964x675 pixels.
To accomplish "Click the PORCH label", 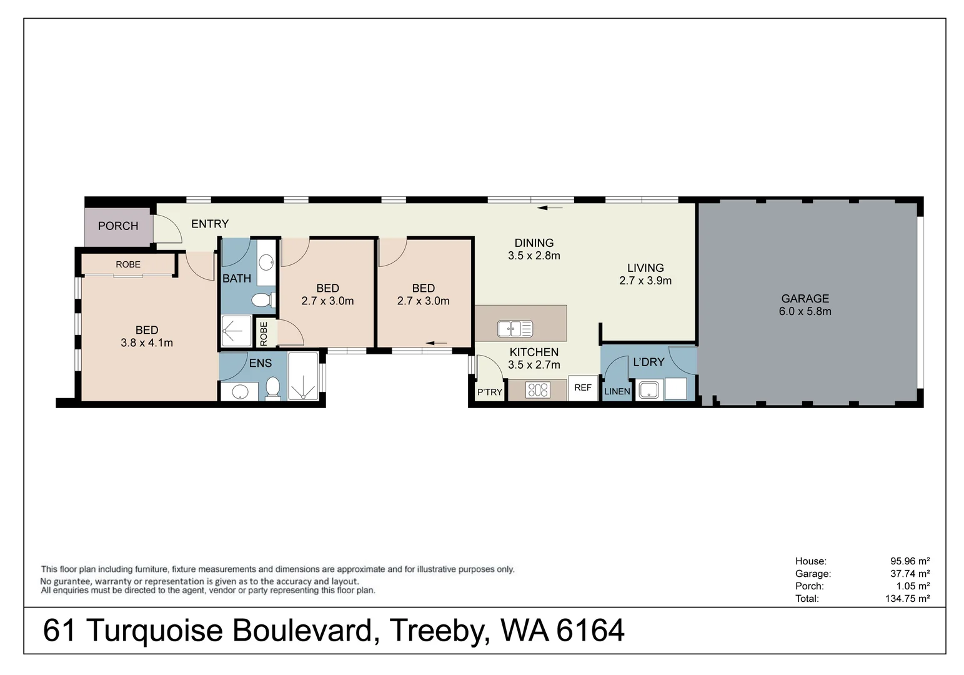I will point(118,226).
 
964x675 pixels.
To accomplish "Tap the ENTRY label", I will point(210,224).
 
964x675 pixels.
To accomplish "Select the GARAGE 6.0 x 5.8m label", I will point(805,305).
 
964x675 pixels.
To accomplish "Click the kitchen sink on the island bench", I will point(515,328).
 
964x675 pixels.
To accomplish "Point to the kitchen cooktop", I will point(538,391).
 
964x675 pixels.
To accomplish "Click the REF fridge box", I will point(583,388).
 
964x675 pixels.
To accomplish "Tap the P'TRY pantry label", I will point(489,392).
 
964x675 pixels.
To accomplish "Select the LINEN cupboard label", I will point(617,392).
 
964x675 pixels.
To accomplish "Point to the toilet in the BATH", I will point(262,301).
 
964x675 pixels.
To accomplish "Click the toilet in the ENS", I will point(272,389).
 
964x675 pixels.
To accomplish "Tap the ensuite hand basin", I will point(240,392).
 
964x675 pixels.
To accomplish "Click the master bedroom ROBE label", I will point(128,265).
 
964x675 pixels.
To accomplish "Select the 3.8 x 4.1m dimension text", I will point(147,343).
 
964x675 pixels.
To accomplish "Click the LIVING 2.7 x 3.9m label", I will point(645,274).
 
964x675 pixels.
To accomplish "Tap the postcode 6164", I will point(590,631).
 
